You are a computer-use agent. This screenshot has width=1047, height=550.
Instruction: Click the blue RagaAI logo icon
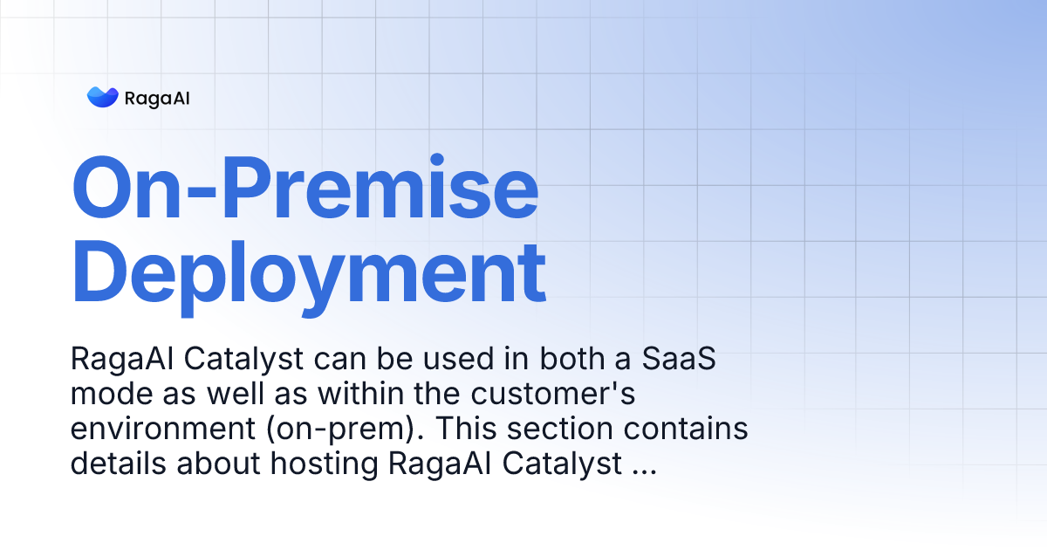coord(102,97)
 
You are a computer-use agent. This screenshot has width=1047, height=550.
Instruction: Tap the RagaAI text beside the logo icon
coord(157,98)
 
